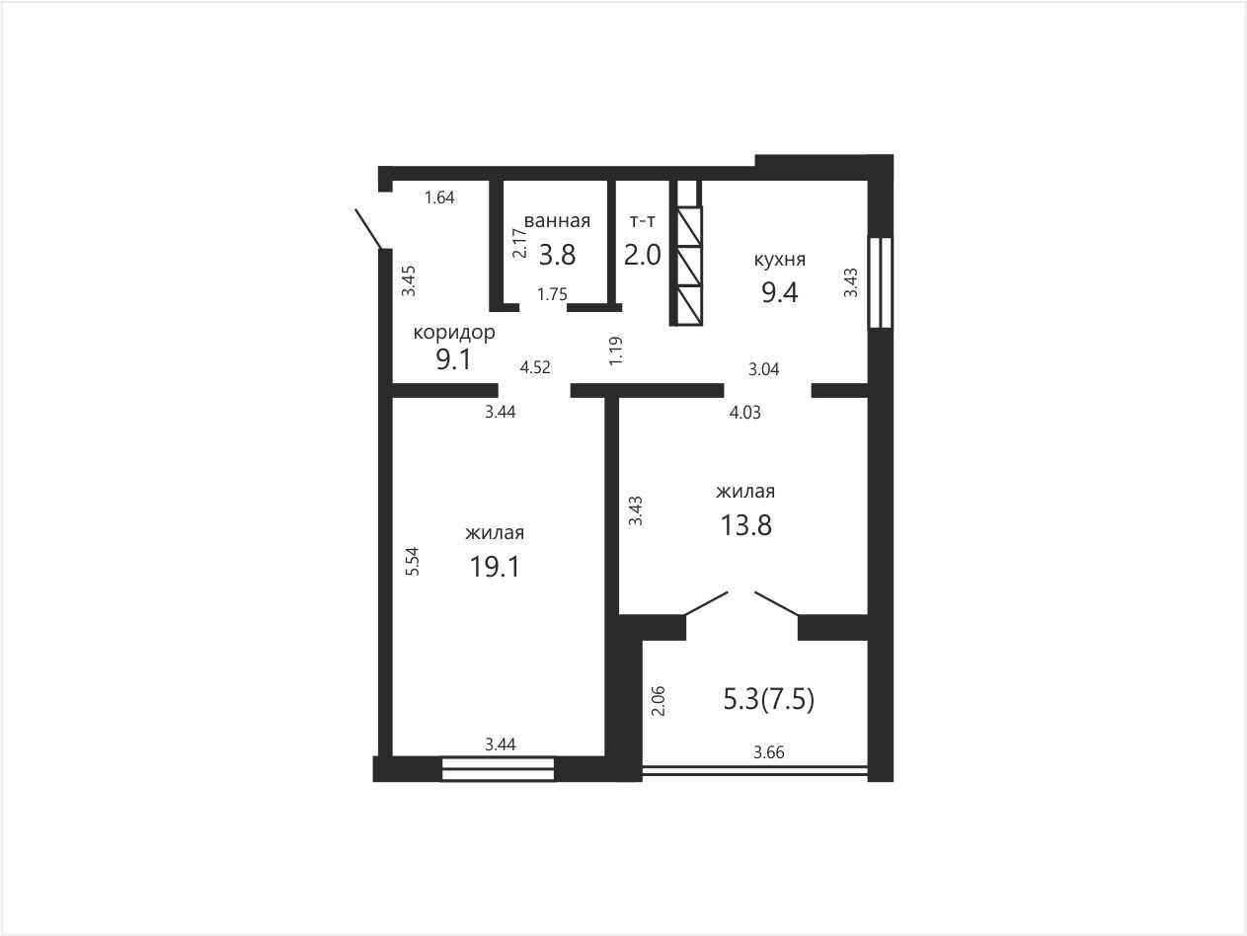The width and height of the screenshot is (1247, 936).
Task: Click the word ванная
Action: [557, 220]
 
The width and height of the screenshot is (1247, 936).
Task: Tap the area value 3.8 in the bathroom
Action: [557, 255]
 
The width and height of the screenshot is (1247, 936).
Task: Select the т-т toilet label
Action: [642, 220]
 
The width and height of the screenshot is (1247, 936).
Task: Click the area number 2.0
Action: [642, 255]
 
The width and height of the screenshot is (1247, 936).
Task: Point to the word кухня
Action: [779, 260]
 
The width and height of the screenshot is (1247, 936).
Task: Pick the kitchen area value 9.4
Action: [779, 292]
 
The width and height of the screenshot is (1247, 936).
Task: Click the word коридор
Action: [454, 333]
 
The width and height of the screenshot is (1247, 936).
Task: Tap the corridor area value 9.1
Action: [453, 359]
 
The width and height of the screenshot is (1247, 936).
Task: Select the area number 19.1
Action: [495, 567]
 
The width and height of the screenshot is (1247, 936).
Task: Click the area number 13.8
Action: [745, 525]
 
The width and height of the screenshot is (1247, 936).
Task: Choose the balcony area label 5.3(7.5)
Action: [769, 700]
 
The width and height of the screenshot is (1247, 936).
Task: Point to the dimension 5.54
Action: [413, 561]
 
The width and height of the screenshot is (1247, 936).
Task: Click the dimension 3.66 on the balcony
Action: [769, 752]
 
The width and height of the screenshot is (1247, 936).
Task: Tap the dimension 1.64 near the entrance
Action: [439, 197]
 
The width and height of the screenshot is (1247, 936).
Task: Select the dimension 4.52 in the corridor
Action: [535, 367]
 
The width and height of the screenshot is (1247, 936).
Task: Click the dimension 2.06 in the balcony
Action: [658, 701]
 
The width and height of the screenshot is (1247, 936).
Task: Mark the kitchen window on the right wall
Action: [880, 282]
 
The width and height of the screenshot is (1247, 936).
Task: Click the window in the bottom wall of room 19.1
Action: [498, 769]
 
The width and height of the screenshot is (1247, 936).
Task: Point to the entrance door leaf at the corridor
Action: [368, 229]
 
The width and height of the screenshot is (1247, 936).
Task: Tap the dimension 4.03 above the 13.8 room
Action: [744, 413]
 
